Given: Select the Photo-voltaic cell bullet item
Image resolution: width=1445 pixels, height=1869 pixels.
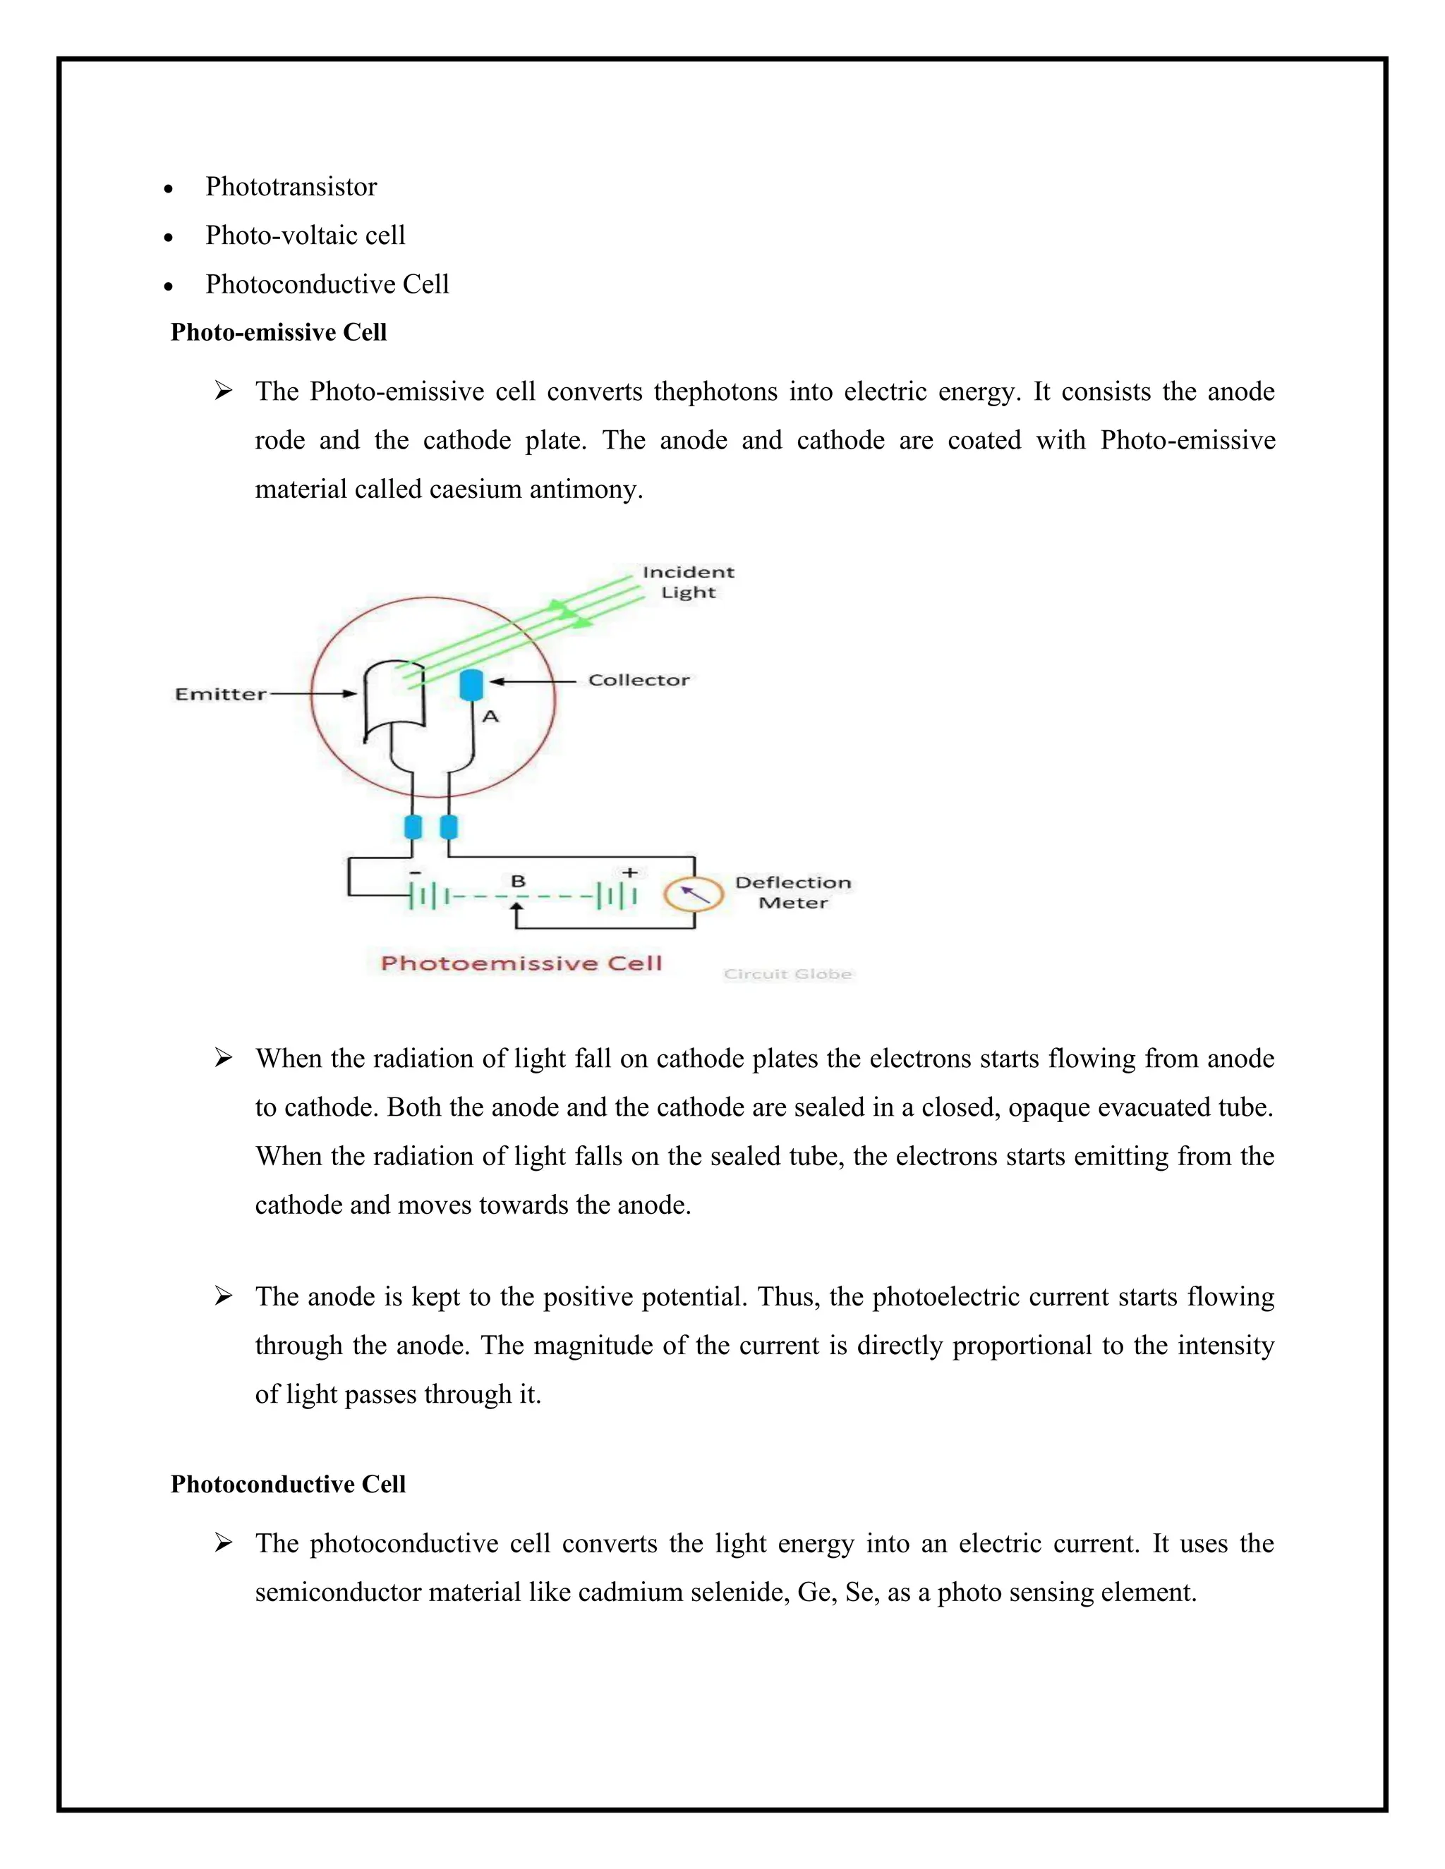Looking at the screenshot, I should pyautogui.click(x=305, y=236).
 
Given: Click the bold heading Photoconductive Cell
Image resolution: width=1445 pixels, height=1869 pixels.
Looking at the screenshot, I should pyautogui.click(x=288, y=1484).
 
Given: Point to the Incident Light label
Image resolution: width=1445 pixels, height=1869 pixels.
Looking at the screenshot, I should pyautogui.click(x=688, y=582).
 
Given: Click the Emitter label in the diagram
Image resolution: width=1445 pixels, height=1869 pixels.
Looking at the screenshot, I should pyautogui.click(x=220, y=694).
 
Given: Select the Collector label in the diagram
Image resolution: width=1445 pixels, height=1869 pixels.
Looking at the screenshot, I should pyautogui.click(x=639, y=681).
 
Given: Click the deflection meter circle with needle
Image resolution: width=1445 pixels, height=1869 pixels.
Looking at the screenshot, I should pyautogui.click(x=694, y=894).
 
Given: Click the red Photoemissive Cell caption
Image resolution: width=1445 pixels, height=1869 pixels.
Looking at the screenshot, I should pyautogui.click(x=521, y=963).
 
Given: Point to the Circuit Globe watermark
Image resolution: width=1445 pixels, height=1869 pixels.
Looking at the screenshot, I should pyautogui.click(x=787, y=974).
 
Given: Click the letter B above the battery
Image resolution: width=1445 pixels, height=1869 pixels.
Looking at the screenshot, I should pyautogui.click(x=518, y=881).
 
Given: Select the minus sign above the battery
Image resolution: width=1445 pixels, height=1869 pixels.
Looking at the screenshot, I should pyautogui.click(x=415, y=872).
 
